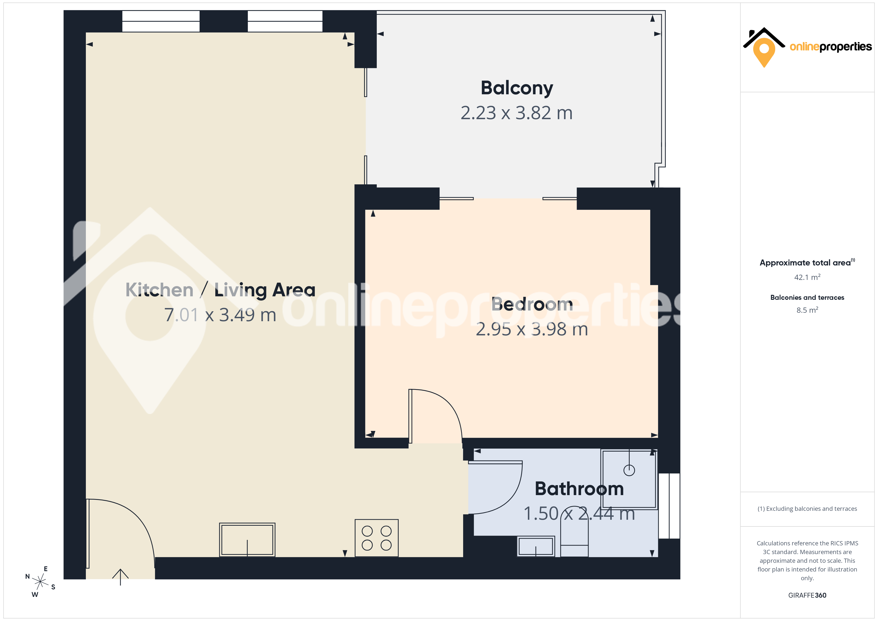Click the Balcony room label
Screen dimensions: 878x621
point(517,88)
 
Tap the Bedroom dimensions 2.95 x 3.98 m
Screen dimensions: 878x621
point(532,329)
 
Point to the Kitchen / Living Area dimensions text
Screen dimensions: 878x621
point(220,315)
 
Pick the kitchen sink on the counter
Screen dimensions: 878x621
point(247,540)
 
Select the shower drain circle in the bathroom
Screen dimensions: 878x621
point(629,470)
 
